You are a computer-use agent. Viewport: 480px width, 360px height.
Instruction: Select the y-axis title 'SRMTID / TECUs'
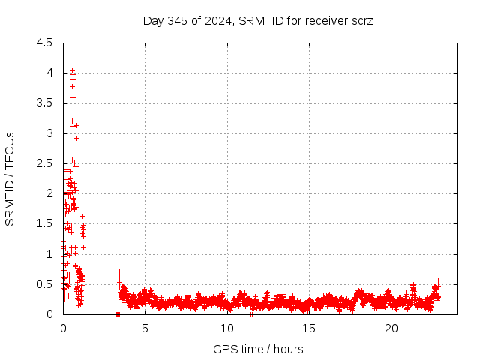10,178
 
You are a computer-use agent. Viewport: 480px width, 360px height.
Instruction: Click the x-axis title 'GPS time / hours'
258,349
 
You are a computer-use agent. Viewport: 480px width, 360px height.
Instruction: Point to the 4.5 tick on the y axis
46,43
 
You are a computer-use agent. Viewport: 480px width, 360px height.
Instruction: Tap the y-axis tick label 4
49,73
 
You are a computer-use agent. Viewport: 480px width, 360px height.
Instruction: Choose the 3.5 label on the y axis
46,103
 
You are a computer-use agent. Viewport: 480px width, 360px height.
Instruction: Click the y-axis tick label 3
49,133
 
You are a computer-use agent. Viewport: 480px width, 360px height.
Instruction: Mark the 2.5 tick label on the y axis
46,163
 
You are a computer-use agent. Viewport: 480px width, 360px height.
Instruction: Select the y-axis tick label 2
49,193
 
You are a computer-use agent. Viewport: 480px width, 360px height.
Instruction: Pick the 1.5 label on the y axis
46,223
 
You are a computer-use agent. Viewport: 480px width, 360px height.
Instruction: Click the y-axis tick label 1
49,254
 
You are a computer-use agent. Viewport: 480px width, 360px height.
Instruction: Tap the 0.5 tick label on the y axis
46,284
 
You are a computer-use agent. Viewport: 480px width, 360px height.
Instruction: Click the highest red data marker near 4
72,70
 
